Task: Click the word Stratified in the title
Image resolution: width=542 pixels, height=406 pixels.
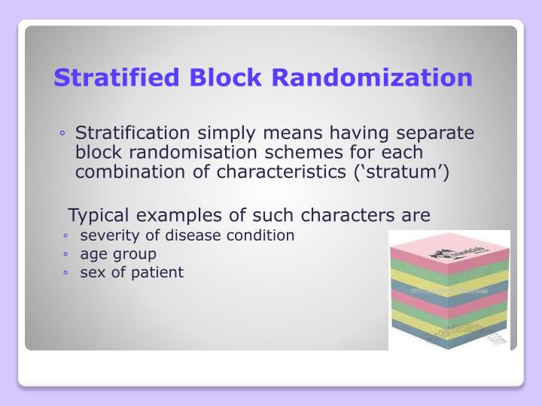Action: coord(119,77)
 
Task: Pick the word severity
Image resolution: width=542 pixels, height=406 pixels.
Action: coord(107,235)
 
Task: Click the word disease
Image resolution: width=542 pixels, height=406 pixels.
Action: coord(194,235)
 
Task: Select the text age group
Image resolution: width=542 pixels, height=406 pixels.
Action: coord(117,254)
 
